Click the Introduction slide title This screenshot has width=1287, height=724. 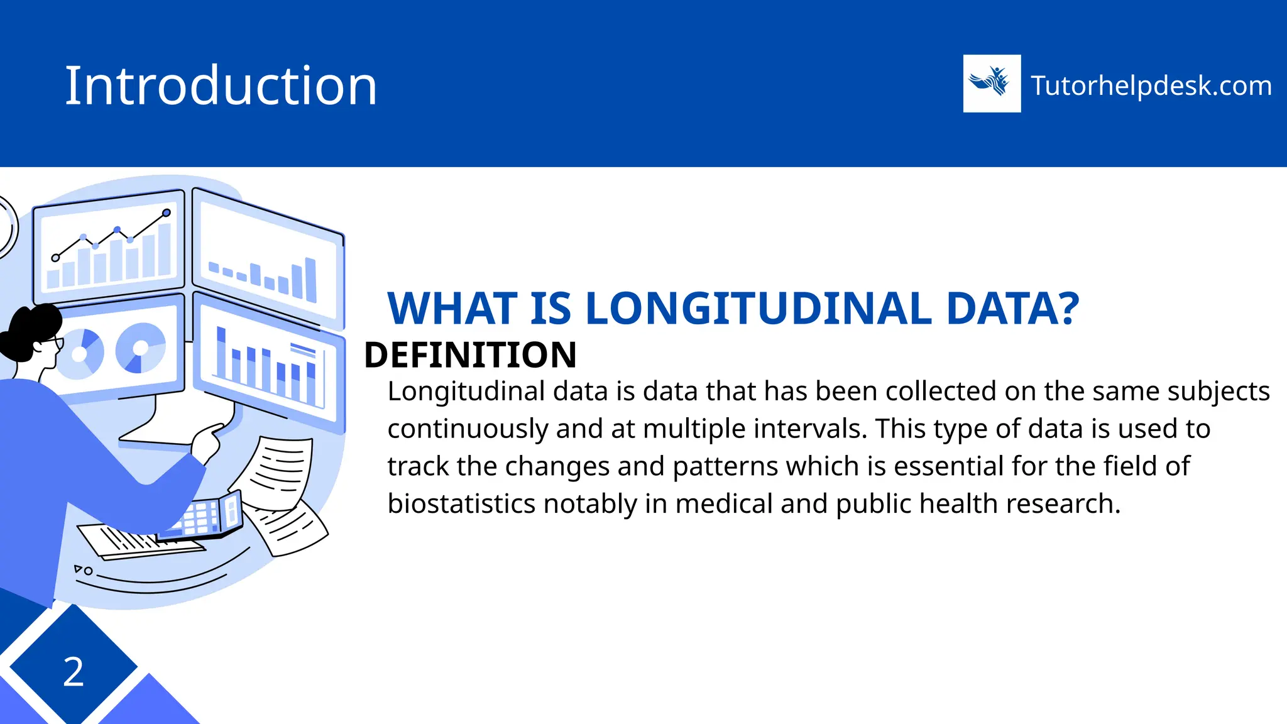pyautogui.click(x=221, y=85)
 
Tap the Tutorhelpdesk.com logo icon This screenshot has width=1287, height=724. pyautogui.click(x=992, y=84)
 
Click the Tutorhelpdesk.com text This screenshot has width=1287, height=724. pyautogui.click(x=1151, y=85)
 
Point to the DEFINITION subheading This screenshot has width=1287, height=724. pyautogui.click(x=470, y=355)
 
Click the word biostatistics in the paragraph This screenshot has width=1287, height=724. pyautogui.click(x=462, y=504)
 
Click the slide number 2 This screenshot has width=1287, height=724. pyautogui.click(x=74, y=672)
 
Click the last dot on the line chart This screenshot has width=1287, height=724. pyautogui.click(x=167, y=213)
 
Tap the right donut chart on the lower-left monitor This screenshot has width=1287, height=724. pyautogui.click(x=141, y=348)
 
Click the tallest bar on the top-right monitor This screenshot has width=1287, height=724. pyautogui.click(x=310, y=280)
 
